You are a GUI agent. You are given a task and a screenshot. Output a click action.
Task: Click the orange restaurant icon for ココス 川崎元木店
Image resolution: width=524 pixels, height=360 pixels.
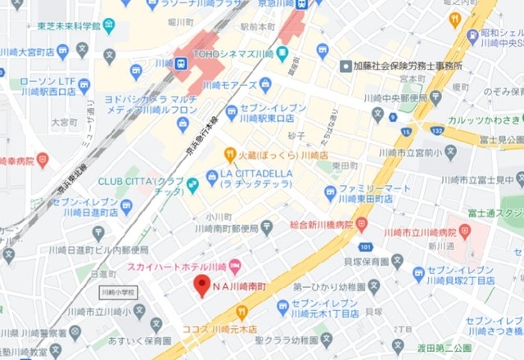coord(242,312)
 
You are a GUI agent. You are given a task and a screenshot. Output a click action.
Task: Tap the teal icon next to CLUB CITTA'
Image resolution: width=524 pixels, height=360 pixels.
coord(192,185)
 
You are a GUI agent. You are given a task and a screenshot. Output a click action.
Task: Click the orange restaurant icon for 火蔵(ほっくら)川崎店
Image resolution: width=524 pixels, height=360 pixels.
coord(230,154)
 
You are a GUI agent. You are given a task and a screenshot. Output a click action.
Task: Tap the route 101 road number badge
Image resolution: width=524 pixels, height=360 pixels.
coord(365,246)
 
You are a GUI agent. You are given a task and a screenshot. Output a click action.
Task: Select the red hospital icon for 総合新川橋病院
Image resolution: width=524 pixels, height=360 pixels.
coord(361,223)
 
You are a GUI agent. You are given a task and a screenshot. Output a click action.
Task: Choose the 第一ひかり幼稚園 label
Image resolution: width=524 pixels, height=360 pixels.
coord(326,286)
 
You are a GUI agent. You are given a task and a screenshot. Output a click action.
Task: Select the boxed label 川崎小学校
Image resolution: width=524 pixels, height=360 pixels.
coord(120,292)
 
